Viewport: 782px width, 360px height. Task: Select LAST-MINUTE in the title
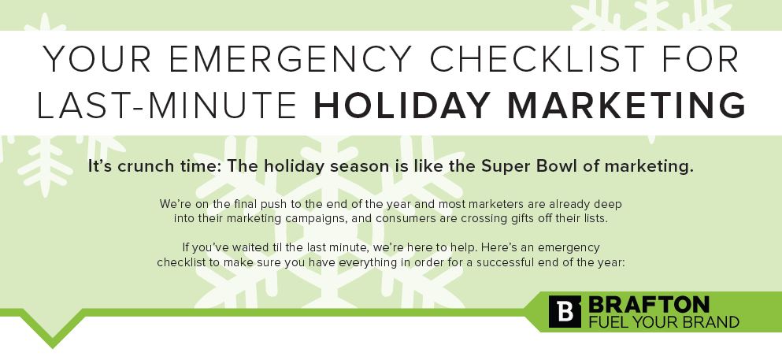click(166, 106)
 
